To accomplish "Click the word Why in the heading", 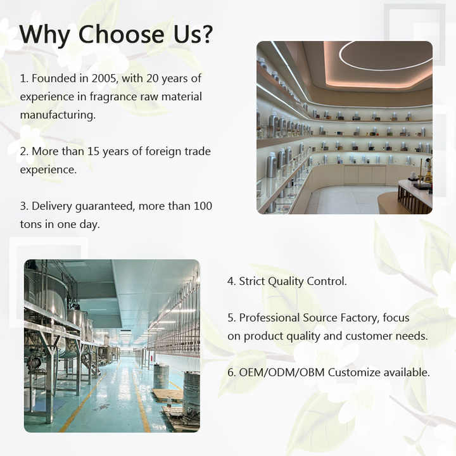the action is point(45,35).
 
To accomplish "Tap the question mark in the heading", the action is point(207,34).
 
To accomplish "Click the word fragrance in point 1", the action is point(113,97).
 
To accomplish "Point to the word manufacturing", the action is point(58,115).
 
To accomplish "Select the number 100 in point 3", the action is point(203,206).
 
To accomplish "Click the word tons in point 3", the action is point(30,224).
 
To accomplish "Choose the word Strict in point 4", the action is point(252,281).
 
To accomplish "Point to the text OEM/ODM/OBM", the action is point(281,372).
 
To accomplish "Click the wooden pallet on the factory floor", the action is point(167,394).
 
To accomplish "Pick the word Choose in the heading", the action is point(121,34).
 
